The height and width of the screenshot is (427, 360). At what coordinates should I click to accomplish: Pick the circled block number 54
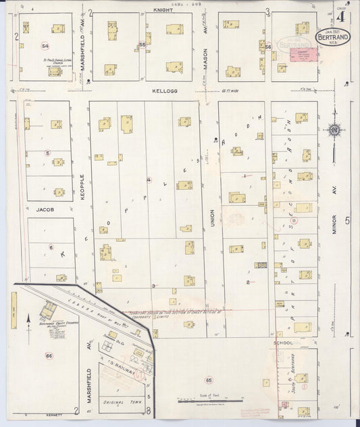(x=45, y=46)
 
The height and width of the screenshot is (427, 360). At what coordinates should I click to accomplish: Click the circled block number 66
(x=49, y=355)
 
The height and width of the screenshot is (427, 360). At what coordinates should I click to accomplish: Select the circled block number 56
(x=268, y=47)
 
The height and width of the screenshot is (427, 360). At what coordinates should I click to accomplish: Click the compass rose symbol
(x=333, y=130)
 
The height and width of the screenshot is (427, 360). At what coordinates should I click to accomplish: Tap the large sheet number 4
(x=345, y=15)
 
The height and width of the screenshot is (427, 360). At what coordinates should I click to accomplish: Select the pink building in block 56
(x=302, y=53)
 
